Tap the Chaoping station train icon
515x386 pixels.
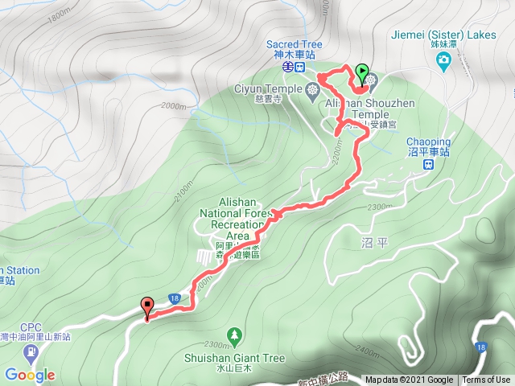point(429,165)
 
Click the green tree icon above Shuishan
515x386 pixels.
point(234,333)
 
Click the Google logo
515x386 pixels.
point(29,375)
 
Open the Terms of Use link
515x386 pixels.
point(486,380)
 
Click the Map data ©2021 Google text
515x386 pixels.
point(408,380)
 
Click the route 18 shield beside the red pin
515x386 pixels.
point(173,298)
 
